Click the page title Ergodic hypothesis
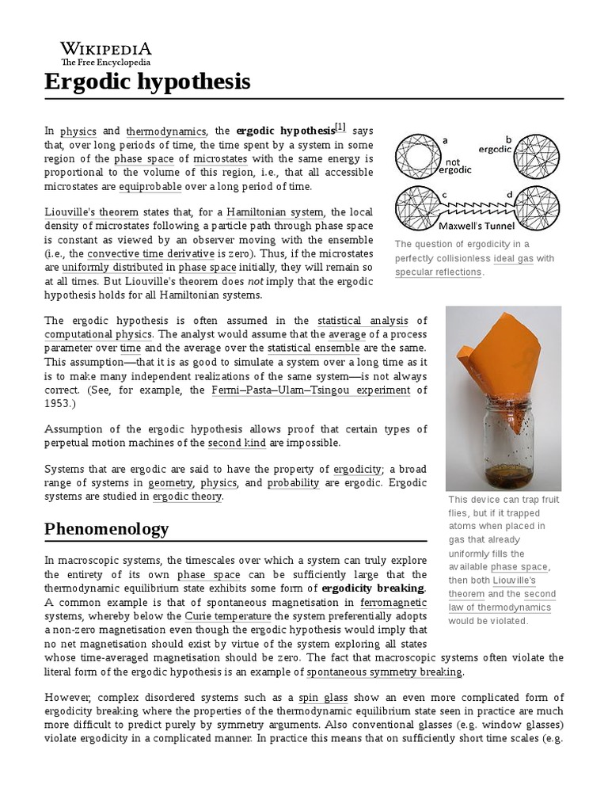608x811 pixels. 147,81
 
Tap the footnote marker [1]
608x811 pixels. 340,128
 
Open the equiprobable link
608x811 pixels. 150,186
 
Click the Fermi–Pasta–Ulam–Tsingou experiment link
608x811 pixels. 310,390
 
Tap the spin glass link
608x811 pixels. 319,697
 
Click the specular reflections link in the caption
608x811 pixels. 438,272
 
